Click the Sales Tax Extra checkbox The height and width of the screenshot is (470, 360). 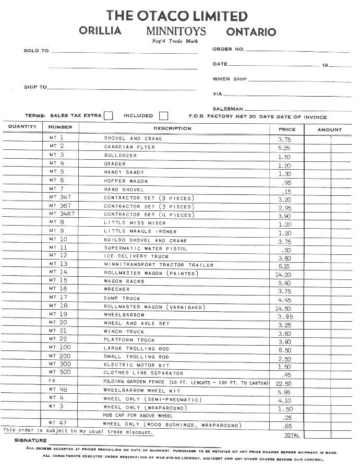click(x=108, y=116)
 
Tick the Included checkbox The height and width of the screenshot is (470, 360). click(x=163, y=116)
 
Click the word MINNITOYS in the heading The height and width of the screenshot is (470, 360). click(x=176, y=31)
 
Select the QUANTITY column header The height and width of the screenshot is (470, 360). click(x=22, y=127)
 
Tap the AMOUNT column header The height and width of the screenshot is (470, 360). click(x=329, y=130)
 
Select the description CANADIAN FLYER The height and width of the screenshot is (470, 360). click(x=129, y=147)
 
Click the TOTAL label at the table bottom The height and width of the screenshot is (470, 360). click(x=292, y=434)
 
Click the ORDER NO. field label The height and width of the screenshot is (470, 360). click(x=228, y=49)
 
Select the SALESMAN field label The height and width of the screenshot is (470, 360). click(x=227, y=109)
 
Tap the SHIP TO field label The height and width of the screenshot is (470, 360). click(x=35, y=87)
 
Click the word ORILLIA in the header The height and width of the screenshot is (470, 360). click(x=100, y=31)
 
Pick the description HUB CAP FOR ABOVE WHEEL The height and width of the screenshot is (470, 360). click(x=138, y=415)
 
